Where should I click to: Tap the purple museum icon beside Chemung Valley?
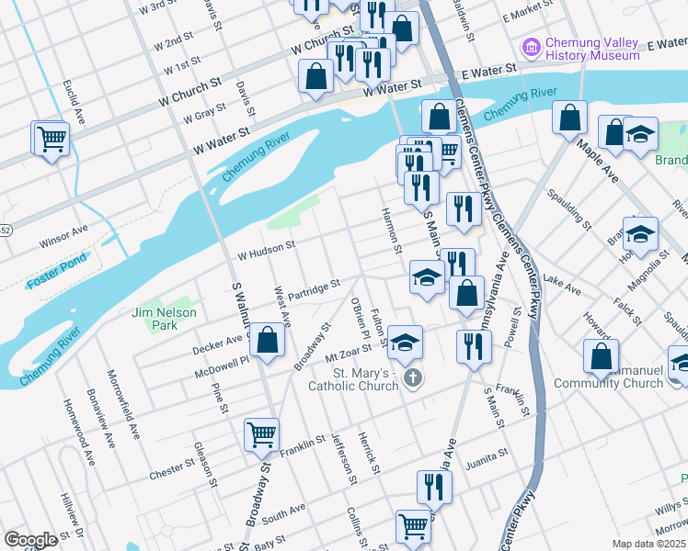tap(531, 46)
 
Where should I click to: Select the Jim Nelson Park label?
tap(153, 319)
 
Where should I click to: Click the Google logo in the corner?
tap(30, 540)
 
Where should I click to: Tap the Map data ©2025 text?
tap(648, 544)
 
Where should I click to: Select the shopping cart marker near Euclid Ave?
tap(52, 140)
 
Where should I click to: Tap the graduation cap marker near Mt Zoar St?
tap(405, 343)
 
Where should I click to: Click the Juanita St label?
tap(487, 456)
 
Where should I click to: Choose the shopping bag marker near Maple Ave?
tap(570, 118)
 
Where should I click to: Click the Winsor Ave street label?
tap(63, 237)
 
